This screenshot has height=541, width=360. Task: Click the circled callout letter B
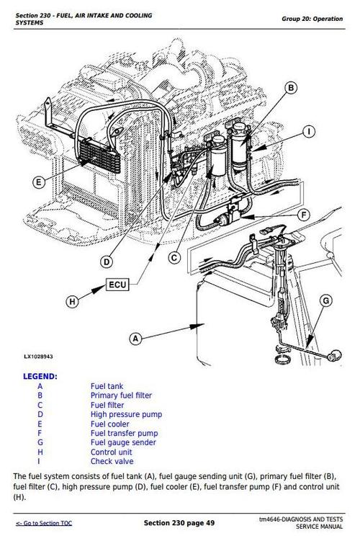[290, 89]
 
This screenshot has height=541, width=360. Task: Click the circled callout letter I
[307, 132]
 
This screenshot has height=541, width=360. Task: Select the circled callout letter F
[303, 215]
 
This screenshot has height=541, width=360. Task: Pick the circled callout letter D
[106, 261]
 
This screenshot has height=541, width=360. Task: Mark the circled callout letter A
[133, 337]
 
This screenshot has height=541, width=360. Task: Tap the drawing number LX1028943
[37, 357]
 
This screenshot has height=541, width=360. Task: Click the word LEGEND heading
[40, 376]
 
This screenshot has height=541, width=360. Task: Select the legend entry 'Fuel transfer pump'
[124, 433]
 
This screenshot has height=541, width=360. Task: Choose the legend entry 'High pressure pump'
[126, 414]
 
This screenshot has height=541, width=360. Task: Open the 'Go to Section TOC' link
[44, 522]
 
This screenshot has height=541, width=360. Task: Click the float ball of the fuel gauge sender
[334, 352]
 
